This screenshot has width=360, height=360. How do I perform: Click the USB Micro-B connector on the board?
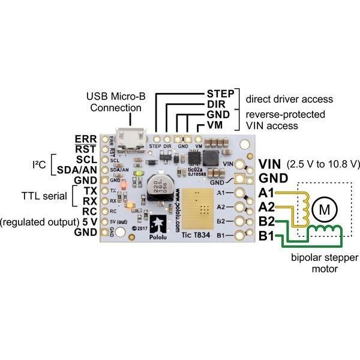coord(128,139)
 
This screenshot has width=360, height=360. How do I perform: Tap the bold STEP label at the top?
coord(220,94)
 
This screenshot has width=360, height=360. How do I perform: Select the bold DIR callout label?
coord(217,104)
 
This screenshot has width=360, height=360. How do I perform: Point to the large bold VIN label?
coord(270,164)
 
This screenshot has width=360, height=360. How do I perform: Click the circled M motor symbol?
coord(325,209)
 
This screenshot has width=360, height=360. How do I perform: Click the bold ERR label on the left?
coord(86,139)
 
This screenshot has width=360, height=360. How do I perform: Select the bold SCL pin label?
coord(87,160)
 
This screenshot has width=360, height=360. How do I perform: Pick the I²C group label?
coord(41,164)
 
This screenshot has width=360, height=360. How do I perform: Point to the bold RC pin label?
coord(89,211)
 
